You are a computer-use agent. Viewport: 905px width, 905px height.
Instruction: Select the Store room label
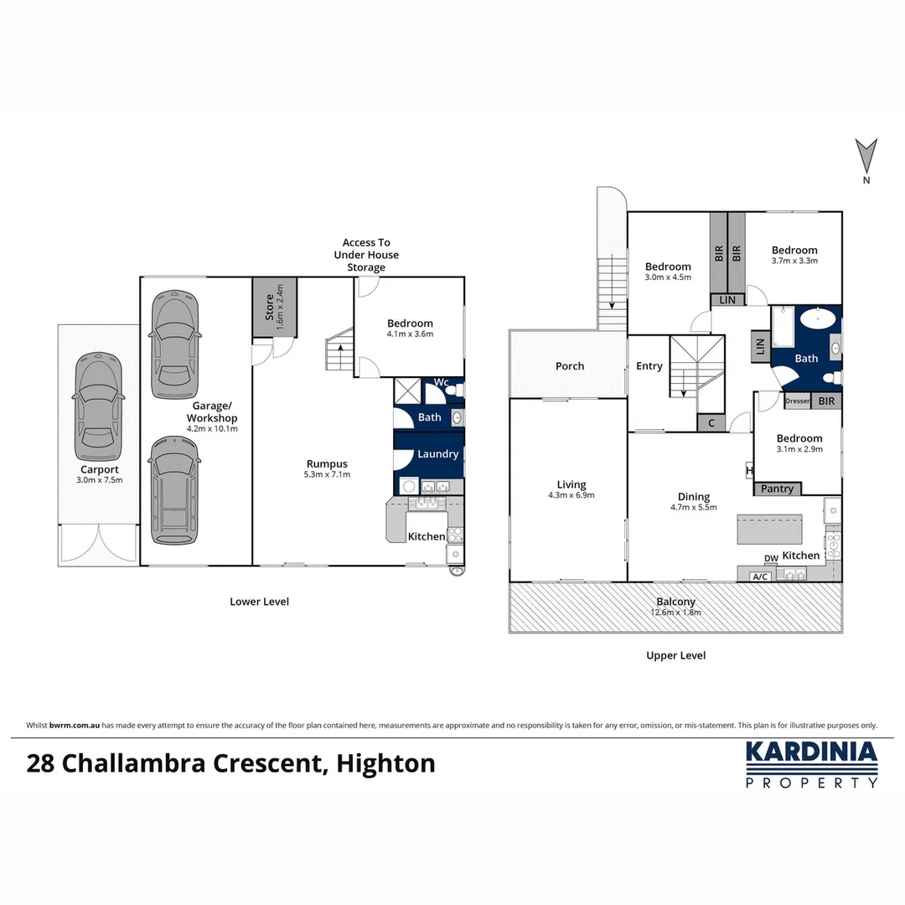point(269,308)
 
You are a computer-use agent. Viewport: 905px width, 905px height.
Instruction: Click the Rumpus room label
point(327,463)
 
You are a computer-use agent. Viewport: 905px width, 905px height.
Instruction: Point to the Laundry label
point(437,454)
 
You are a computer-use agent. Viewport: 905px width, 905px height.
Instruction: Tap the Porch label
point(570,366)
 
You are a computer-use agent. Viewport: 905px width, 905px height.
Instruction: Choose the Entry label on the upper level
point(649,366)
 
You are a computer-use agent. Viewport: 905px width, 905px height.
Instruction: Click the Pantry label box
point(778,489)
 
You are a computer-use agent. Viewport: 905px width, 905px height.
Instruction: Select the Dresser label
point(797,401)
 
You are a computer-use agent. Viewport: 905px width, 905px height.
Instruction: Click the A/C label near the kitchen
point(761,577)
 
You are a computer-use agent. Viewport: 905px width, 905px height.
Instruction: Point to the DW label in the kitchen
point(771,558)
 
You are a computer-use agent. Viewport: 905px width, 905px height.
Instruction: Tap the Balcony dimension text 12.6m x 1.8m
point(675,613)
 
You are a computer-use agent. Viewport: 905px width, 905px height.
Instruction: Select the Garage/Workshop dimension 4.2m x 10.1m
point(212,429)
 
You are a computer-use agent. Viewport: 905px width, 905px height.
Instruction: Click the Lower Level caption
point(259,602)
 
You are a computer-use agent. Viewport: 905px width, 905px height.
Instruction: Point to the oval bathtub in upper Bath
point(817,319)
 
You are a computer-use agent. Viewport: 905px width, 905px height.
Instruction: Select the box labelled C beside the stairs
point(711,423)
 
